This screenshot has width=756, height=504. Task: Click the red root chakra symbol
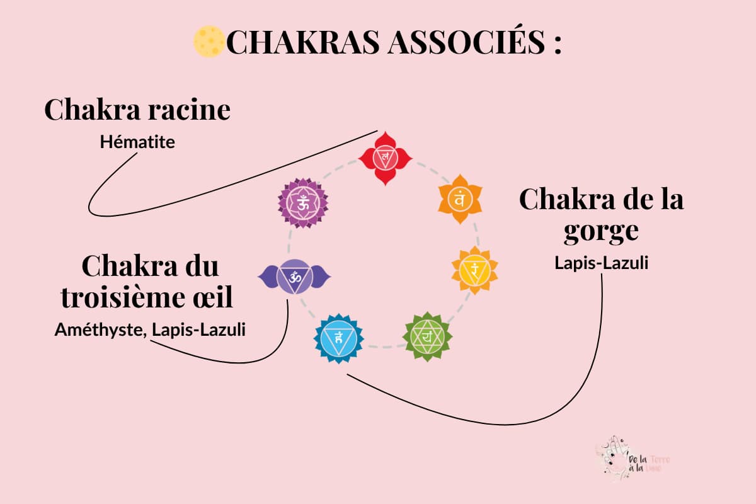pos(384,157)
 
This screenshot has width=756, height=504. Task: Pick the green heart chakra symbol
pos(427,336)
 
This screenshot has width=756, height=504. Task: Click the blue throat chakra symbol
pos(339,338)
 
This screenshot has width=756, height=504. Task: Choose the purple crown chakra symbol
pos(303,203)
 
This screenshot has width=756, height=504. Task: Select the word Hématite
pos(137,142)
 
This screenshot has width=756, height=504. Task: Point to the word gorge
pos(601,231)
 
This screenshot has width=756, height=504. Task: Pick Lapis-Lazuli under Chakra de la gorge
pos(601,263)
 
